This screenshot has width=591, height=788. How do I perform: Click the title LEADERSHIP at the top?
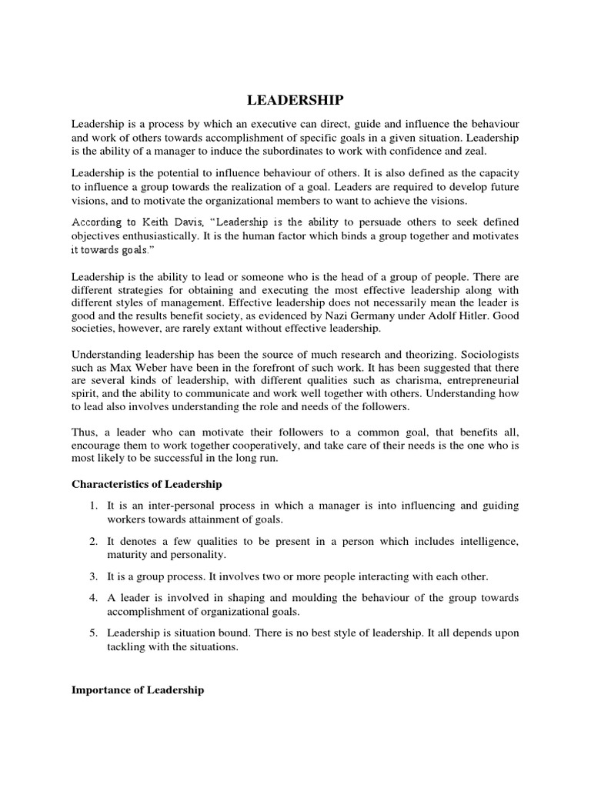[x=295, y=100]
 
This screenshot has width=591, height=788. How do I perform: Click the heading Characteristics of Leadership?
[x=146, y=484]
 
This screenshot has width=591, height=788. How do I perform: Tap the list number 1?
[x=92, y=506]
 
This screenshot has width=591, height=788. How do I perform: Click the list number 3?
[x=92, y=576]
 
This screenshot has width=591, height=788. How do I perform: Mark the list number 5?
[x=92, y=633]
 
